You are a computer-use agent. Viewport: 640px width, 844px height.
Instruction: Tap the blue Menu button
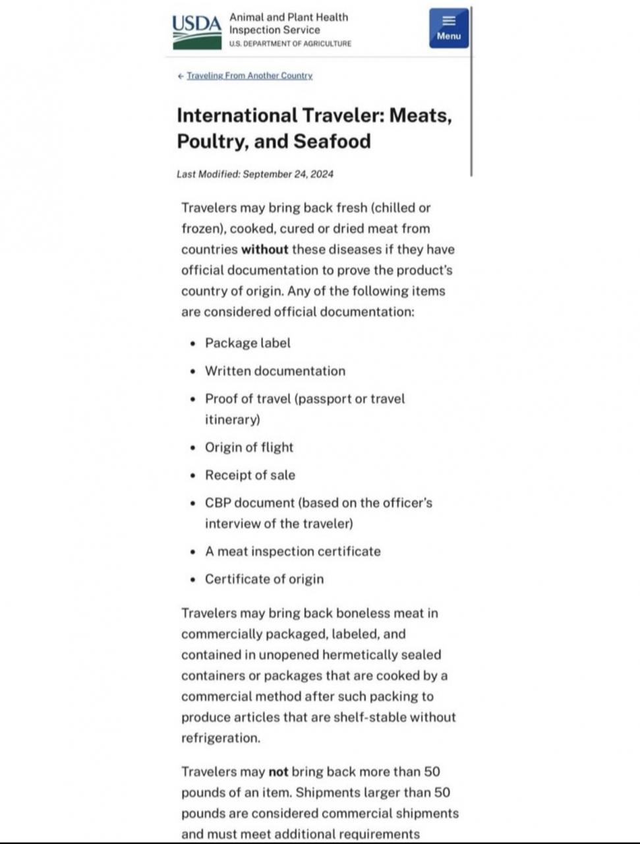[x=448, y=28]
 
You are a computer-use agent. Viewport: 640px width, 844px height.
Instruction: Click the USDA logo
[x=197, y=31]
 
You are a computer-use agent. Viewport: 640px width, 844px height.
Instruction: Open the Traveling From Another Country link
[x=249, y=76]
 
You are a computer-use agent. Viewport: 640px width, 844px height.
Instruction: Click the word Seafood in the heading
[x=332, y=141]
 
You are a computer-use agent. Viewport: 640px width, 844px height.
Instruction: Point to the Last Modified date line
[x=255, y=174]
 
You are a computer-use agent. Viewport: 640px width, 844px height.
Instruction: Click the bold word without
[x=264, y=249]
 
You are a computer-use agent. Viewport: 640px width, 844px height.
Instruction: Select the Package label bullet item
[x=247, y=343]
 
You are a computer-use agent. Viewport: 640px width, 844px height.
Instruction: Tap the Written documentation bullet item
[x=275, y=371]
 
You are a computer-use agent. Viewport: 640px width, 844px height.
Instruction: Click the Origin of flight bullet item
[x=248, y=447]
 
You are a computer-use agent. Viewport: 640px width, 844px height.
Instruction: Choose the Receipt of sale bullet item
[x=250, y=475]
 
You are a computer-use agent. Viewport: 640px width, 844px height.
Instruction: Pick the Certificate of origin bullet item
[x=264, y=579]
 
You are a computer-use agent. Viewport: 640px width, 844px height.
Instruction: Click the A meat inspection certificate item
[x=293, y=551]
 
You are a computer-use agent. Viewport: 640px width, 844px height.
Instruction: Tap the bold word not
[x=278, y=771]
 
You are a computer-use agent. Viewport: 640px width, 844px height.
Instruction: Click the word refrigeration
[x=219, y=738]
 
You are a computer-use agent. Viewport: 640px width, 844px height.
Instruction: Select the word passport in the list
[x=328, y=399]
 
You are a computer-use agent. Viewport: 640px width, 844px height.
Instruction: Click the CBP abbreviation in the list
[x=218, y=502]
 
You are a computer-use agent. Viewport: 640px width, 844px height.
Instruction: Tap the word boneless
[x=363, y=613]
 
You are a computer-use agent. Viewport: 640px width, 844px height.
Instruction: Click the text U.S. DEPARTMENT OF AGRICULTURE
[x=290, y=44]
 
